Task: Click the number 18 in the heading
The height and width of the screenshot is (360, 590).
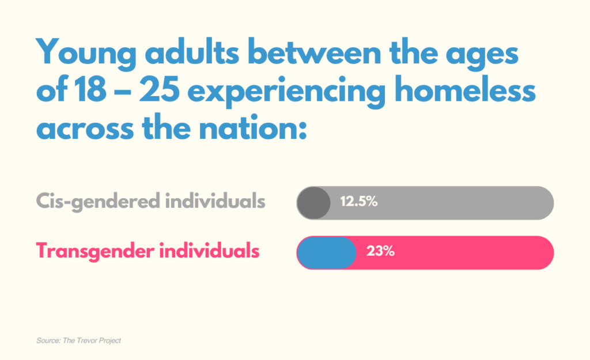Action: tap(86, 92)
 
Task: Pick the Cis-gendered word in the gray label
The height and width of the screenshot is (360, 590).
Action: tap(97, 202)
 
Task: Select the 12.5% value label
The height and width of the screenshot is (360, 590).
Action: tap(358, 202)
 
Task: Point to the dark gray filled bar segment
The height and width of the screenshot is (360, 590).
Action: tap(314, 203)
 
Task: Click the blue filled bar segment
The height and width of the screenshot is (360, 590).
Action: tap(327, 252)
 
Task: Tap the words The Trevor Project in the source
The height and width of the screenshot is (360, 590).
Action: tap(94, 341)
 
